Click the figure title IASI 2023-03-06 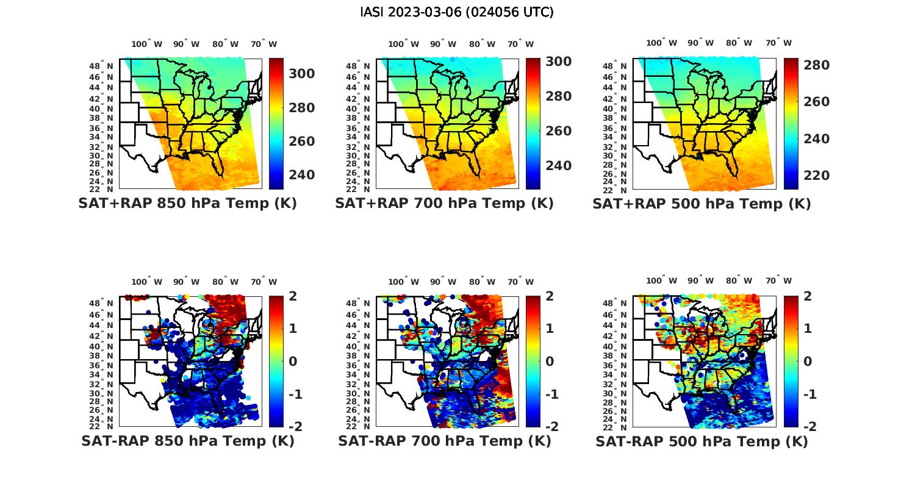click(x=457, y=12)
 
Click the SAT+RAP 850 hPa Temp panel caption click(x=187, y=204)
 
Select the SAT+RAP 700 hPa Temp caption click(x=444, y=204)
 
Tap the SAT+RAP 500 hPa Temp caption click(x=701, y=204)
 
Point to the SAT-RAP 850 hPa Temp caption click(x=187, y=441)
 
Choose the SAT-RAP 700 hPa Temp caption click(x=444, y=441)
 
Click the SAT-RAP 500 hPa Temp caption click(x=701, y=441)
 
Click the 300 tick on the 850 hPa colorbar click(x=301, y=74)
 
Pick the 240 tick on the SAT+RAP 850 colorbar click(x=301, y=175)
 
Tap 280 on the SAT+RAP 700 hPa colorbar click(x=558, y=96)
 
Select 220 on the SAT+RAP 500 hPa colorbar click(x=816, y=176)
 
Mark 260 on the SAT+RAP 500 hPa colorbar click(x=816, y=102)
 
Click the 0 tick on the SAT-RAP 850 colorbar click(x=293, y=361)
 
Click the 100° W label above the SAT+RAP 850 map click(x=147, y=44)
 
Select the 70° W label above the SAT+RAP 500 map click(x=778, y=43)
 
